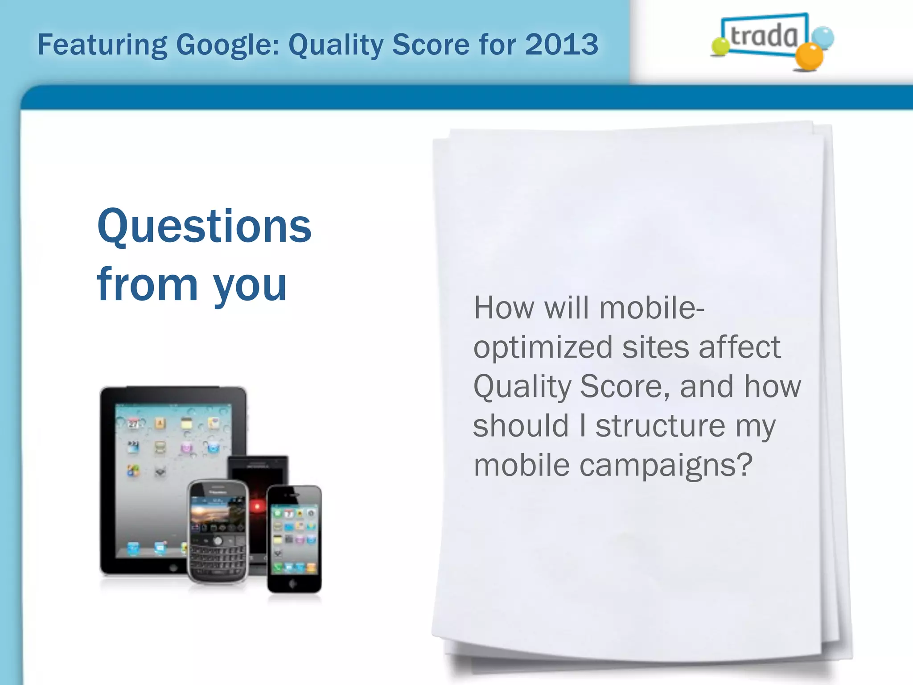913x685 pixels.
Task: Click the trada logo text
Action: pyautogui.click(x=764, y=36)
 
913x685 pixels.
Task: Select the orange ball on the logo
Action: pyautogui.click(x=809, y=57)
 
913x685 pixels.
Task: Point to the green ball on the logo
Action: pyautogui.click(x=720, y=46)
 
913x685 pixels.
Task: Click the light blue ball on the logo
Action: pyautogui.click(x=823, y=37)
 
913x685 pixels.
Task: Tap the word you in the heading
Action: pyautogui.click(x=250, y=285)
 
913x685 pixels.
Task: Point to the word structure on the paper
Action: pyautogui.click(x=660, y=425)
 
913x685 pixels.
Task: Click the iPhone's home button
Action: pyautogui.click(x=293, y=583)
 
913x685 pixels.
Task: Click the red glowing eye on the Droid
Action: pyautogui.click(x=257, y=506)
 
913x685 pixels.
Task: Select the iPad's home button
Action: pyautogui.click(x=173, y=568)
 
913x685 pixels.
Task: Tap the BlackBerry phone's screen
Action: pyautogui.click(x=218, y=513)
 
